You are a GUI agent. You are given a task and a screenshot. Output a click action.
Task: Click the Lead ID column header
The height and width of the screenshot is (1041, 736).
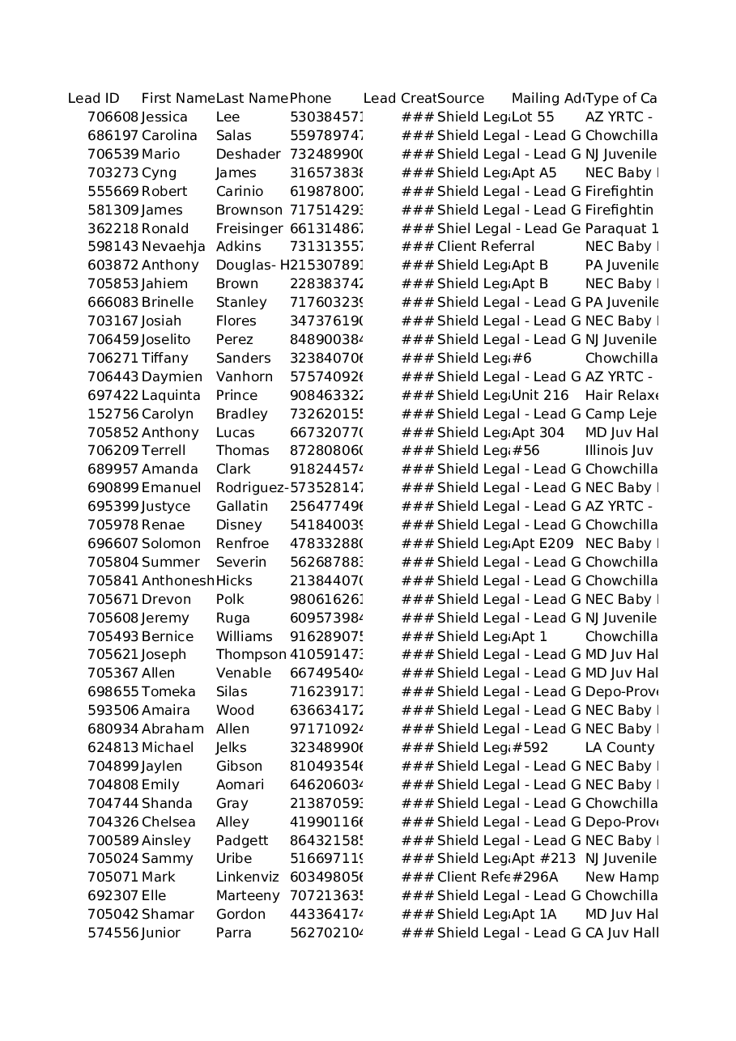click(93, 99)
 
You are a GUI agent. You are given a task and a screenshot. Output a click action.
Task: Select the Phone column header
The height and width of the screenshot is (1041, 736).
click(310, 99)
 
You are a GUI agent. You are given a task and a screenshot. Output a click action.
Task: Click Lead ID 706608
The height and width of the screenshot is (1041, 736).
click(113, 117)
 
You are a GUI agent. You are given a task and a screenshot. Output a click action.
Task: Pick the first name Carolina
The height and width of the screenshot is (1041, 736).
click(169, 136)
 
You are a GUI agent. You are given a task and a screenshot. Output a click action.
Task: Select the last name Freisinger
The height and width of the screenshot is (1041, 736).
click(249, 229)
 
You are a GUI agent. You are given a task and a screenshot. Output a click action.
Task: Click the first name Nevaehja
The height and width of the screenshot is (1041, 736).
click(173, 247)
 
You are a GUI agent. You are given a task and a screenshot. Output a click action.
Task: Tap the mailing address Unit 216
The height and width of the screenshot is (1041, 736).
click(540, 396)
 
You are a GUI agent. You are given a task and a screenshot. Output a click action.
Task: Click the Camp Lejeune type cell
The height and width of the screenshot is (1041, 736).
click(620, 414)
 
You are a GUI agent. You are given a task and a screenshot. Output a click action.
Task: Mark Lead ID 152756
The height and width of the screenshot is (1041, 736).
click(113, 414)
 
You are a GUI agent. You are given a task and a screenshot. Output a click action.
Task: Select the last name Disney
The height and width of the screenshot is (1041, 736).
click(239, 525)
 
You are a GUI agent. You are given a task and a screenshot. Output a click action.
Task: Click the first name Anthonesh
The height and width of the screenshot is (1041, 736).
click(177, 581)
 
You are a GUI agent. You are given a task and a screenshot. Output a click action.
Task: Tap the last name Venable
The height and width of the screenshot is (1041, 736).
click(243, 673)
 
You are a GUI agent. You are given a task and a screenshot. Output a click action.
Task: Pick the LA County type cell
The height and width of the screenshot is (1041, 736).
click(619, 748)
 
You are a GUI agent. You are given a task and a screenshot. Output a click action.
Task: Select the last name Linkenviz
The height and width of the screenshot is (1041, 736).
click(247, 877)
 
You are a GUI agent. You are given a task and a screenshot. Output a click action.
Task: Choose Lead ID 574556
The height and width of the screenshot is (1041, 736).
click(113, 933)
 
